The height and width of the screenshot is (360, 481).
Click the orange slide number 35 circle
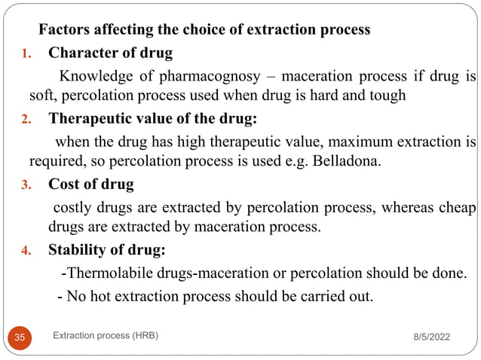pos(20,338)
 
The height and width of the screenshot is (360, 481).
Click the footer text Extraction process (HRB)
pos(106,337)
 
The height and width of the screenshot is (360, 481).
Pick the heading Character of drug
pos(110,53)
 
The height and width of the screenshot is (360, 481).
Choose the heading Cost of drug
pos(91,185)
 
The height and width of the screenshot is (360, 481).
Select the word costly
pos(72,207)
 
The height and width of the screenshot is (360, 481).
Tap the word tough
pos(388,96)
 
